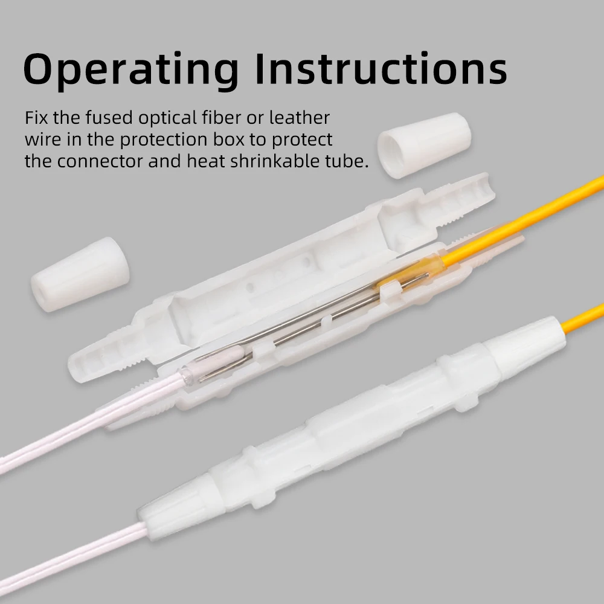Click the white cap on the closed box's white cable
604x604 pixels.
coord(175,507)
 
